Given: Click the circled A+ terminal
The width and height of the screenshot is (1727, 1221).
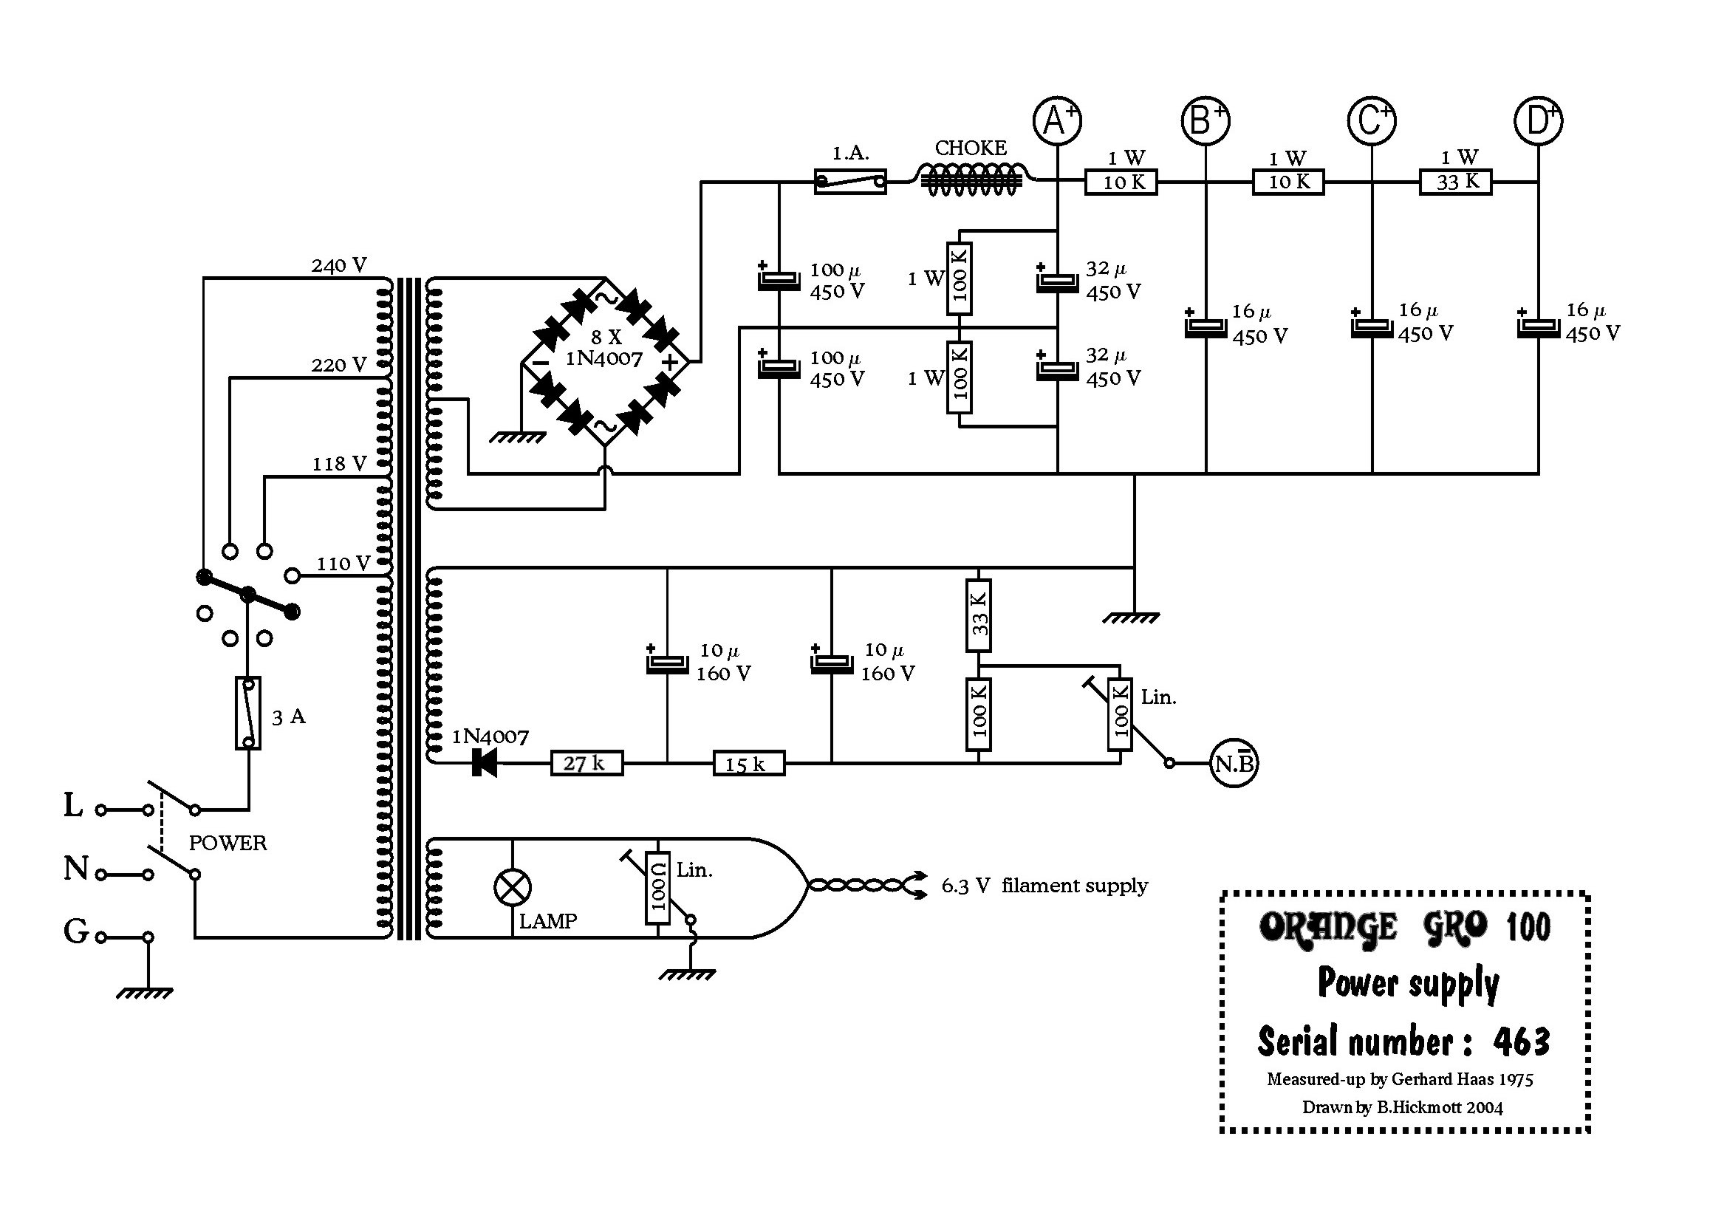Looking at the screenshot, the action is tap(1057, 121).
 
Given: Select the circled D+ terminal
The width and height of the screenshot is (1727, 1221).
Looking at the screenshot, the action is tap(1538, 121).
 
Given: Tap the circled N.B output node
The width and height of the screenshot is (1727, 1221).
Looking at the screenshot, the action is tap(1234, 764).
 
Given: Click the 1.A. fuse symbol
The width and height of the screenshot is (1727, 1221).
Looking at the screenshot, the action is tap(850, 181).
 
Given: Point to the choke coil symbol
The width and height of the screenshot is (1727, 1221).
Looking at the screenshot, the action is tap(971, 180).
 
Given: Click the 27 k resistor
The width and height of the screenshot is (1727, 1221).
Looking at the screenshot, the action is tap(587, 764).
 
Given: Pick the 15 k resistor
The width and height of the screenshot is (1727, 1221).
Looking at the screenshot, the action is tap(748, 764).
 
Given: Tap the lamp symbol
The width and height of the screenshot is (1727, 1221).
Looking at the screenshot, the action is tap(512, 888).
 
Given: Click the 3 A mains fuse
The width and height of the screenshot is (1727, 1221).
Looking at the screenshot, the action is tap(248, 714).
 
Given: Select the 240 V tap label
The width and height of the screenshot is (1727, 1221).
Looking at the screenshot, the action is tap(339, 266).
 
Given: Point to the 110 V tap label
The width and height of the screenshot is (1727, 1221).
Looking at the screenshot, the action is tap(343, 564).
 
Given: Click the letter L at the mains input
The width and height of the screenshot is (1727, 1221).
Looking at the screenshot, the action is tap(73, 805).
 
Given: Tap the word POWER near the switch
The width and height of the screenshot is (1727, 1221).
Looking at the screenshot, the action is tap(228, 843).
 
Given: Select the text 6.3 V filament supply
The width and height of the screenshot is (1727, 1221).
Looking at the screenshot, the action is tap(1044, 886).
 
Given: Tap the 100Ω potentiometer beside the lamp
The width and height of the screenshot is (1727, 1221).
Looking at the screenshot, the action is tap(658, 889).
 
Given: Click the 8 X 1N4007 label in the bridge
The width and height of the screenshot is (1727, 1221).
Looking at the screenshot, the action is tap(605, 349).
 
